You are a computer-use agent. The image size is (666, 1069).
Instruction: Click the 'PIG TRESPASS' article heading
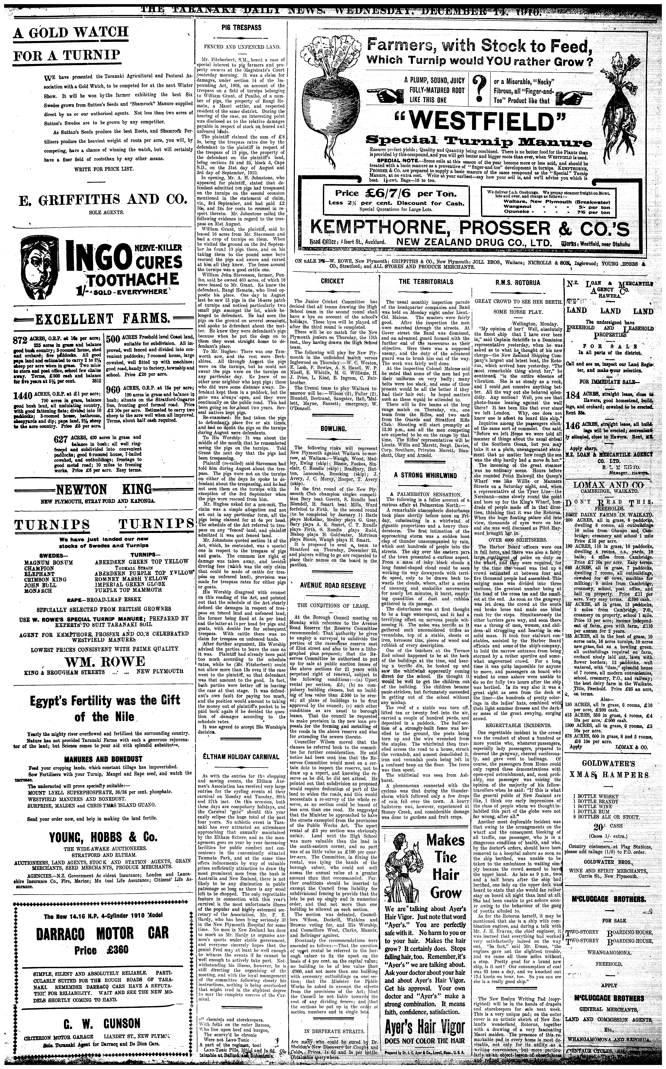pos(241,27)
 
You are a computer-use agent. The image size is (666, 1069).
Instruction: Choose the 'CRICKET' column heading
pos(333,281)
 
